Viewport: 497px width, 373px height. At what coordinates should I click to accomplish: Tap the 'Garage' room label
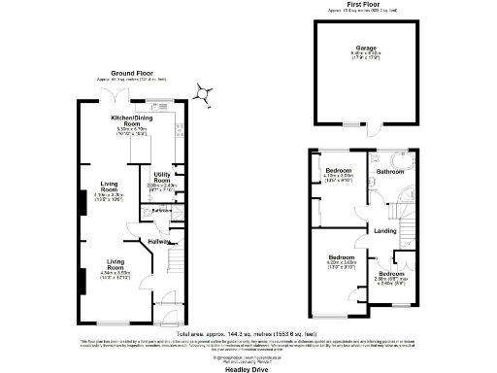point(364,46)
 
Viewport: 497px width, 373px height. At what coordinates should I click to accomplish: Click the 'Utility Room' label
point(162,178)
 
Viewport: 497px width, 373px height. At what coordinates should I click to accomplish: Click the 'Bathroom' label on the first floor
point(390,171)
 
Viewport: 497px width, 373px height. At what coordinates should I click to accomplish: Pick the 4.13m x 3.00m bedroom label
point(339,176)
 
